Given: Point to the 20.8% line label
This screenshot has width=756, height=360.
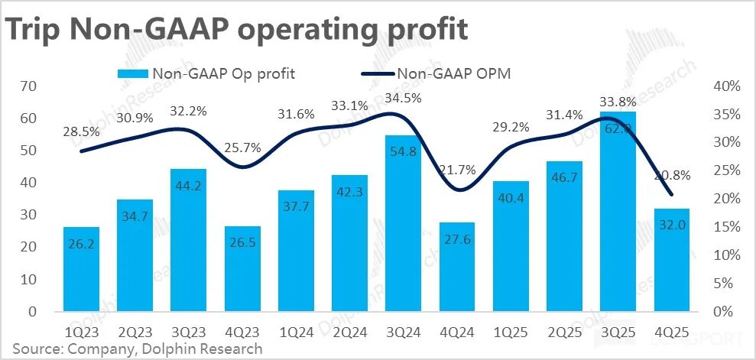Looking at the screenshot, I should [x=672, y=175].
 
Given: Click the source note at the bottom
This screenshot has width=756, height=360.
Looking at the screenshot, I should [x=136, y=349].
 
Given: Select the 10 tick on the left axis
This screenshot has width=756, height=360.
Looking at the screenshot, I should [x=28, y=280].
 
